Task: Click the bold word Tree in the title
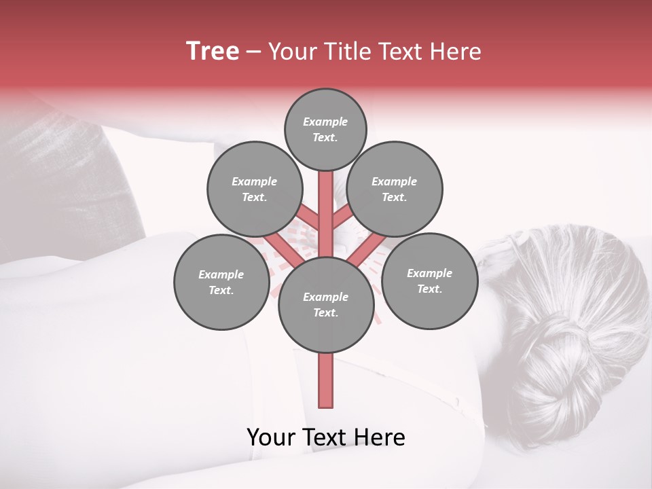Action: [x=213, y=52]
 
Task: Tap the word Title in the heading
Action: [x=347, y=52]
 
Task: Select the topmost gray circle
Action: [x=325, y=130]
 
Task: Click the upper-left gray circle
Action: [x=255, y=189]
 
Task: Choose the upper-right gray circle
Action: [x=395, y=189]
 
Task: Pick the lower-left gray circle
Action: [x=221, y=283]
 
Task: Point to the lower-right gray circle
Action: [x=429, y=281]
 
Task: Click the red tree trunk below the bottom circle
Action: [x=325, y=380]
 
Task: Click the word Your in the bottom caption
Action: [x=270, y=437]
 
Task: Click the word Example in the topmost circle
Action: [x=325, y=122]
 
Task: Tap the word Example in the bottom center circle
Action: [x=325, y=297]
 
